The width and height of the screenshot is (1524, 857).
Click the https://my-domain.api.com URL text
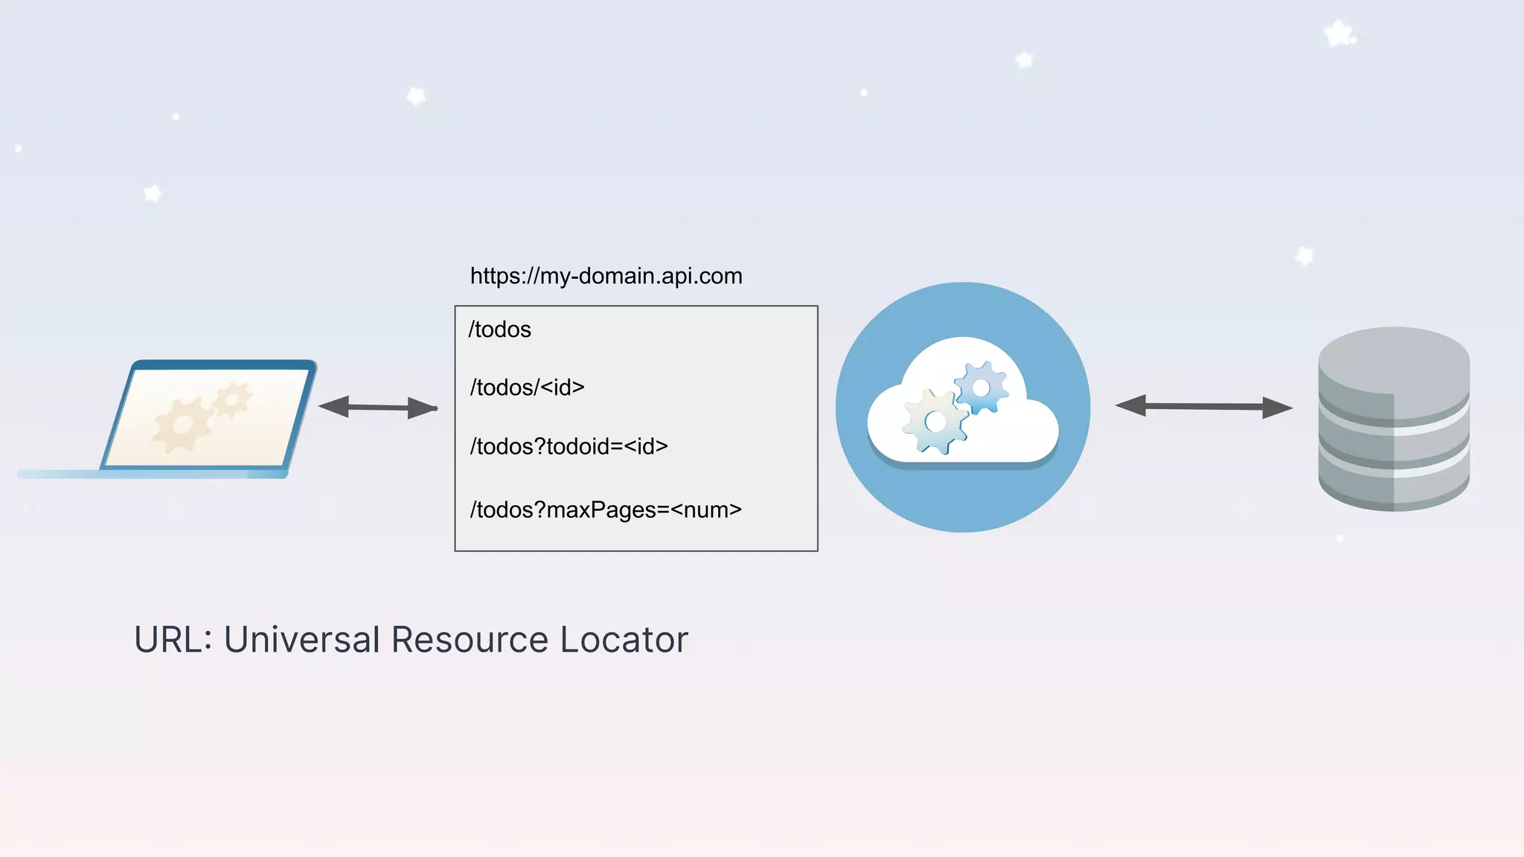tap(606, 276)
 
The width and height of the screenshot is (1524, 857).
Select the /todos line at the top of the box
tap(499, 330)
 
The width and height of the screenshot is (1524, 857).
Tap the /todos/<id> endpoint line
tap(527, 388)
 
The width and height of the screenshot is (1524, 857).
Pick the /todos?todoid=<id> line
tap(569, 446)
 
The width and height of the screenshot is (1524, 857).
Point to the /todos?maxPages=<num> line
tap(606, 510)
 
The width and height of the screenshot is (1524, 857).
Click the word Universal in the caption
tap(302, 640)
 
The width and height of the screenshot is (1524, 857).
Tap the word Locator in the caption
tap(624, 640)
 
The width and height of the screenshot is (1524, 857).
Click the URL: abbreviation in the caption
tap(173, 640)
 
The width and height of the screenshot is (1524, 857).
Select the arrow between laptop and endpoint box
tap(378, 407)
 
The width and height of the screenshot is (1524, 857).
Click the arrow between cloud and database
tap(1203, 406)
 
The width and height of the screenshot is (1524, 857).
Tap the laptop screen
tap(208, 417)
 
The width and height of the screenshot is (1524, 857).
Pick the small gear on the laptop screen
tap(233, 400)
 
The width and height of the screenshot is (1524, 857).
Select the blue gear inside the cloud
tap(982, 388)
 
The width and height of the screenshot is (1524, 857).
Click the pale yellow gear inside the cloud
tap(935, 422)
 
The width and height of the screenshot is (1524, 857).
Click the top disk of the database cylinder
tap(1393, 357)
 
